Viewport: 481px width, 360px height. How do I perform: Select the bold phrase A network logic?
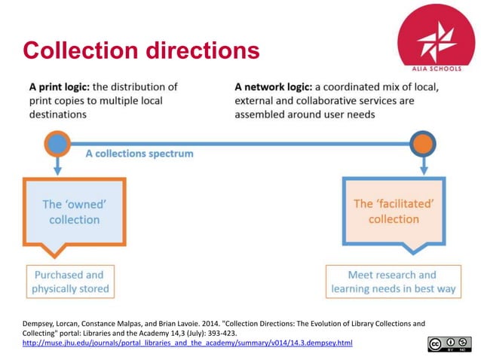pyautogui.click(x=280, y=87)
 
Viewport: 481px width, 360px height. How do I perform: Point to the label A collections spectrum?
pyautogui.click(x=139, y=154)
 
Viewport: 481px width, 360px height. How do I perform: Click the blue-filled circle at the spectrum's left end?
pyautogui.click(x=57, y=142)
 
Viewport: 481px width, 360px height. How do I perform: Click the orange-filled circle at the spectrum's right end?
pyautogui.click(x=423, y=142)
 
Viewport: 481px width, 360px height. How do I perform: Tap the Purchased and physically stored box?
pyautogui.click(x=70, y=282)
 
